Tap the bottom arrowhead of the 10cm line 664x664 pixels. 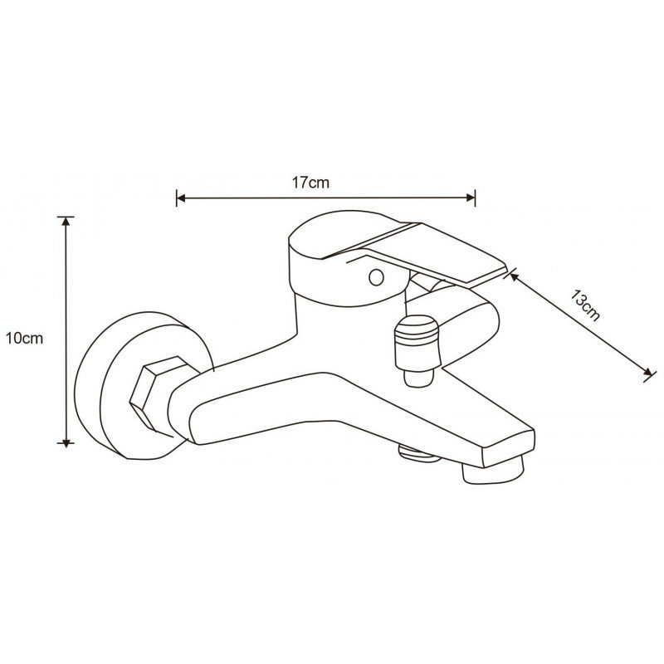tap(66, 442)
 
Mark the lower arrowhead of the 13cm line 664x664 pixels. tap(645, 373)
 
